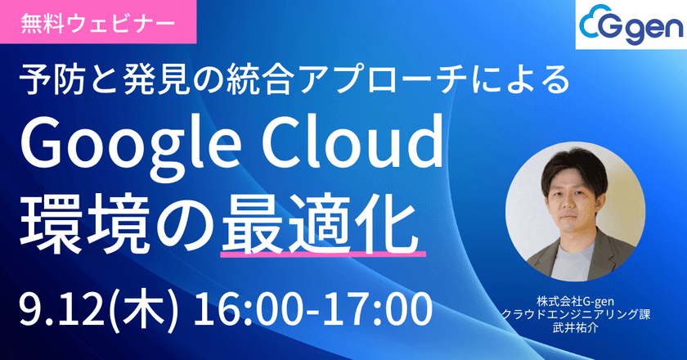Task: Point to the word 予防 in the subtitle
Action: (x=51, y=82)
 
